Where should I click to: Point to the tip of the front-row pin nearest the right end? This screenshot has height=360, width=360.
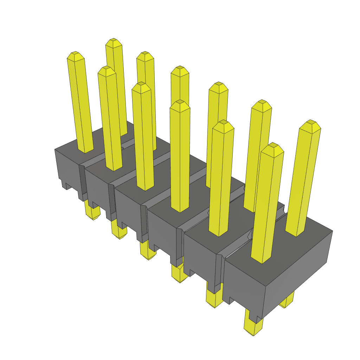[x=272, y=146]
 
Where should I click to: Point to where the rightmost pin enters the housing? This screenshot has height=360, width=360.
[x=295, y=233]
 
